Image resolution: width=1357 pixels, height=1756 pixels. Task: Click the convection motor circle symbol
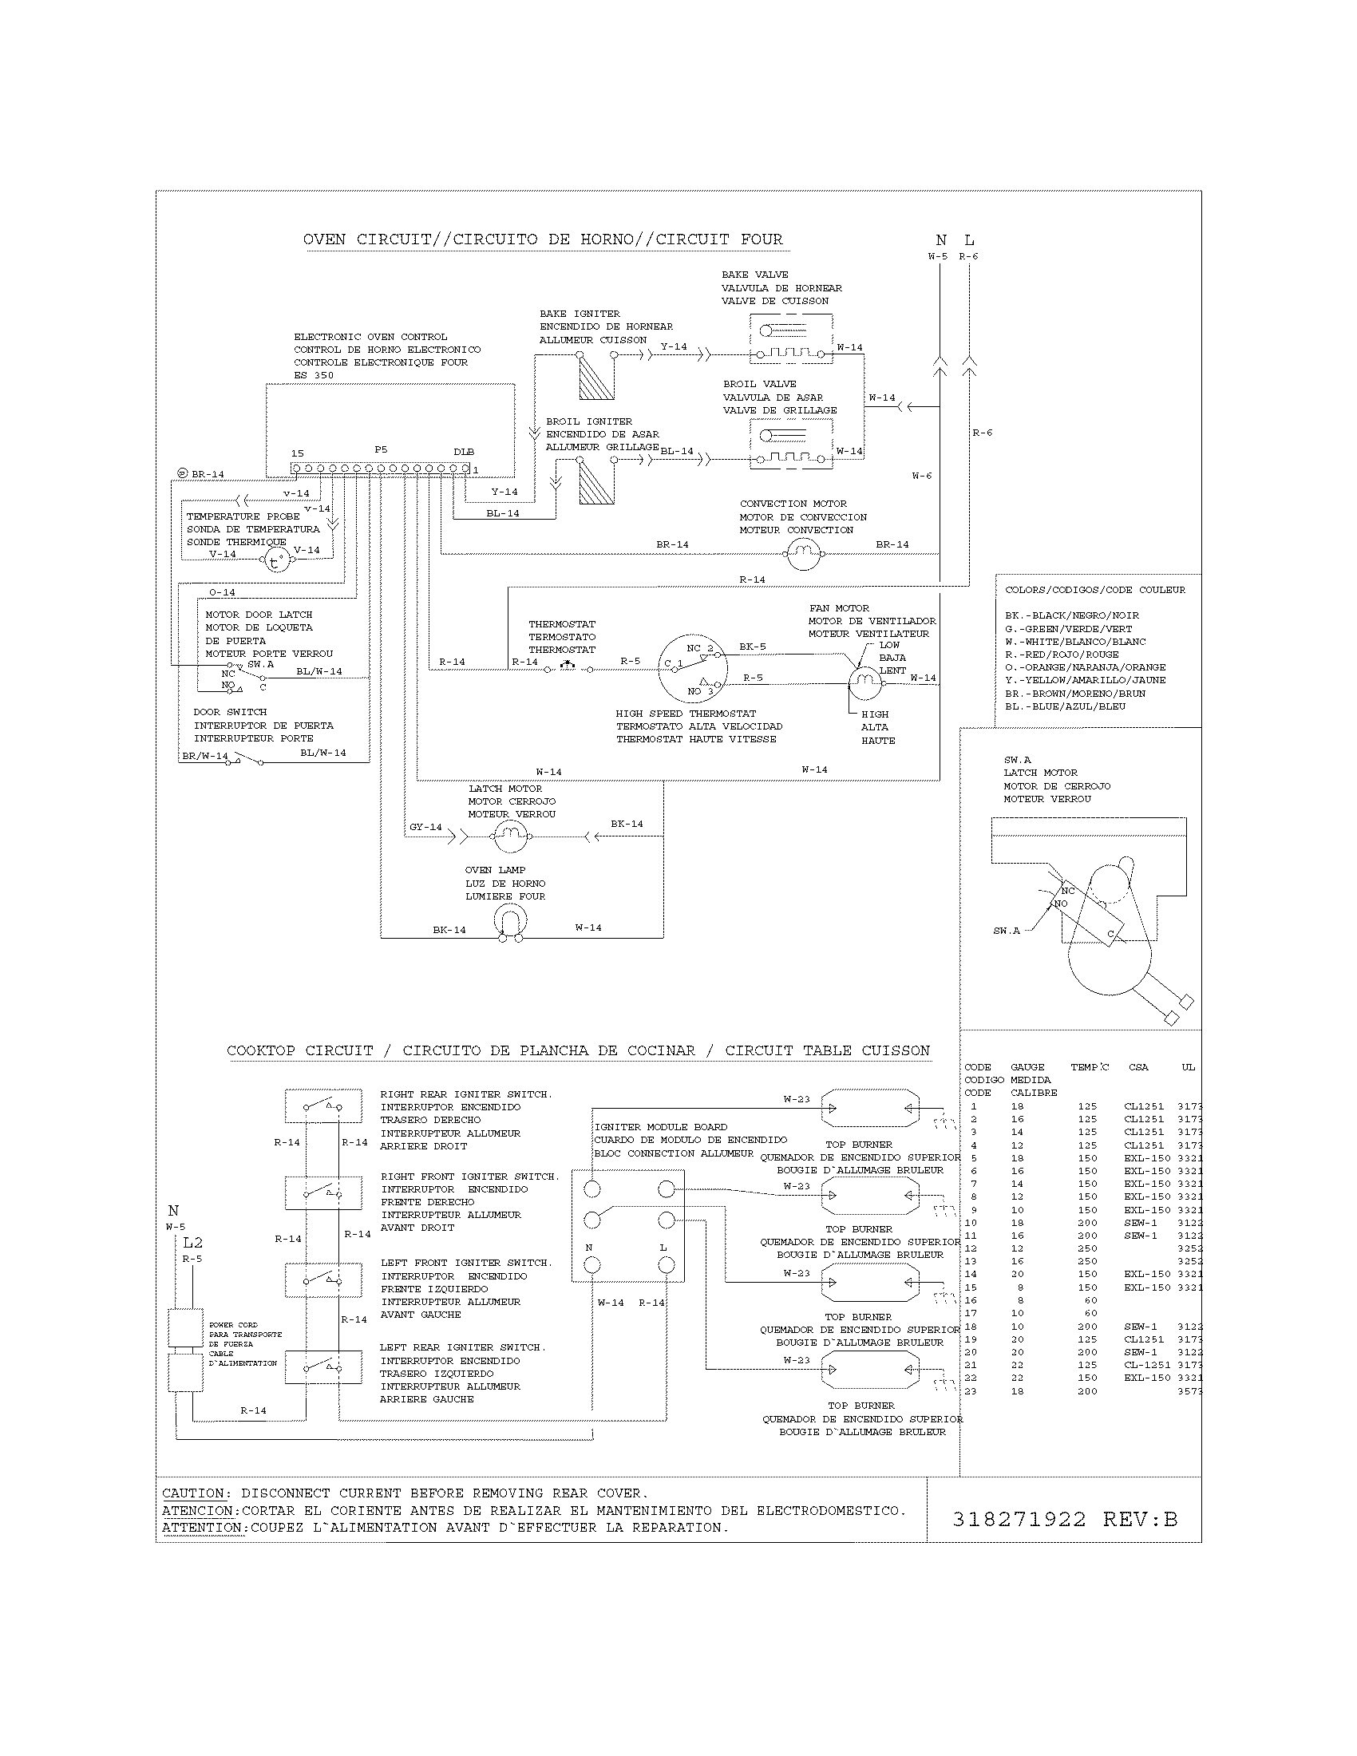click(x=802, y=553)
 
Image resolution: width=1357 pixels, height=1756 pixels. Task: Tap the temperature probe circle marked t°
click(x=277, y=560)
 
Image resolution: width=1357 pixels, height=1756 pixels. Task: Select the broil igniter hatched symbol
click(x=596, y=481)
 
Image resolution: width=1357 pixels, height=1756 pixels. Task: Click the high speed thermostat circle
click(x=692, y=667)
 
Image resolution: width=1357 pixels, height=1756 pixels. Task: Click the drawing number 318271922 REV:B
click(x=1064, y=1519)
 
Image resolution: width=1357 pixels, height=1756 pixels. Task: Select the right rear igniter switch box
click(x=322, y=1106)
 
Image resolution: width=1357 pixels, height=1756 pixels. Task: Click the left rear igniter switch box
click(x=322, y=1366)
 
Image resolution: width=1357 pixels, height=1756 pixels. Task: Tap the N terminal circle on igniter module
click(x=591, y=1265)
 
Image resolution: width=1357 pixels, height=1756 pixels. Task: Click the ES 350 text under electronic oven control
click(x=313, y=375)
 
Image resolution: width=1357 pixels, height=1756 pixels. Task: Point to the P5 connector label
click(x=381, y=450)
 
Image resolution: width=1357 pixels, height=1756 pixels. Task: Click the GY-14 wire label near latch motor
click(x=425, y=827)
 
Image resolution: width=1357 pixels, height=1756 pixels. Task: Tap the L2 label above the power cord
click(x=193, y=1242)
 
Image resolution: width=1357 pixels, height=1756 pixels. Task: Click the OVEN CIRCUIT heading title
click(x=543, y=239)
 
